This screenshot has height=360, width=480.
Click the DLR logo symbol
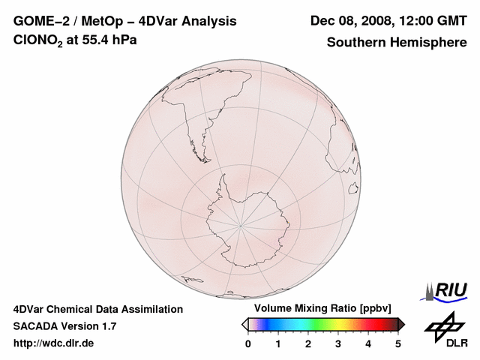[x=445, y=325]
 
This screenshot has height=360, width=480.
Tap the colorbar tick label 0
[x=248, y=343]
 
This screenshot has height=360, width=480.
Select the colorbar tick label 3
[x=338, y=343]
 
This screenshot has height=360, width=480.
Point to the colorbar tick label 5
[x=398, y=343]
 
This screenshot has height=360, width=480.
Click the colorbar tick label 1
[x=278, y=343]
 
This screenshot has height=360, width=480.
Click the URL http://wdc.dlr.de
[x=54, y=343]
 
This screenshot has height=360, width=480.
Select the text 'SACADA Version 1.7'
[x=64, y=326]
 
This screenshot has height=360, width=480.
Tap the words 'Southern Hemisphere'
[x=397, y=42]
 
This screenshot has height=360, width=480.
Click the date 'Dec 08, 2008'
[x=348, y=21]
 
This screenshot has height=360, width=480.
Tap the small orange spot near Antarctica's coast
[x=289, y=221]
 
